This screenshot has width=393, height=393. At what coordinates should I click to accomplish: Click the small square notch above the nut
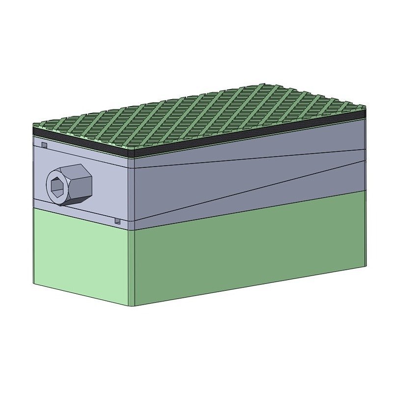pyautogui.click(x=44, y=145)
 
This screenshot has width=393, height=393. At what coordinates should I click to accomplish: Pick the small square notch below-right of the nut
pyautogui.click(x=117, y=222)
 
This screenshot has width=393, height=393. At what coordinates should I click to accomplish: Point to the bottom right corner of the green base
pyautogui.click(x=365, y=266)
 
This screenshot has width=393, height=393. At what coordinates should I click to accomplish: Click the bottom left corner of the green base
pyautogui.click(x=34, y=283)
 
